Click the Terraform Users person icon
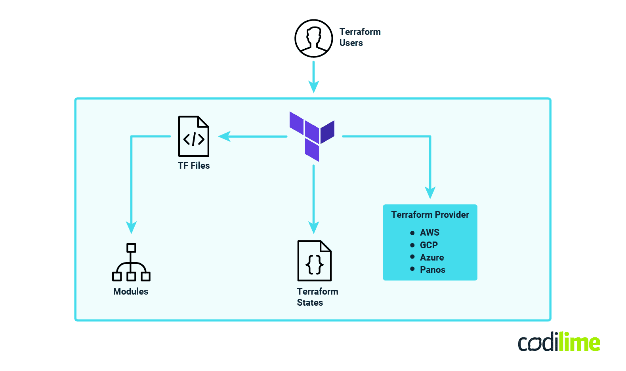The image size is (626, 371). point(313,38)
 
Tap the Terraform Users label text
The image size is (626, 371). point(359,37)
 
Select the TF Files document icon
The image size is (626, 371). point(193,136)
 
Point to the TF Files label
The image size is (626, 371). point(193,166)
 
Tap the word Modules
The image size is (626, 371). point(131,291)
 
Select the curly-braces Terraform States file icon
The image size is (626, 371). point(314,261)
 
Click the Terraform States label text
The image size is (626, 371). point(317,297)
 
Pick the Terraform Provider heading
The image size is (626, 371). point(430,215)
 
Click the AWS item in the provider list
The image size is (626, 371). point(429,232)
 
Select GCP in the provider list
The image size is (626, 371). point(429,245)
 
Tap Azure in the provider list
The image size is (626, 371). point(431,257)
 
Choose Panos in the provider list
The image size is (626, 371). point(432,270)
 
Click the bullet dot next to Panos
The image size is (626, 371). point(412,269)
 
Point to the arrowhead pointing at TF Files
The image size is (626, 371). point(224,137)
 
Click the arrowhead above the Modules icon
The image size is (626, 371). point(131,227)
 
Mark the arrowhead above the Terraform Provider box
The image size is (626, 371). point(430,192)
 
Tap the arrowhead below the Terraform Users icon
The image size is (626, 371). point(313,87)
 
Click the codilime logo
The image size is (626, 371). point(559,342)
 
